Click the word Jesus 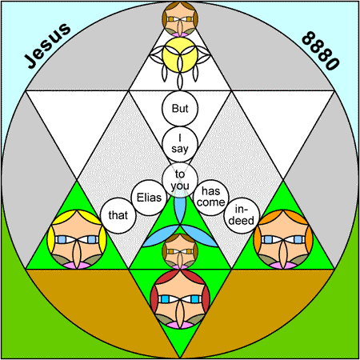47,46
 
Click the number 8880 321,50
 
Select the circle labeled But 180,109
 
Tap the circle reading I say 180,144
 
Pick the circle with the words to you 180,180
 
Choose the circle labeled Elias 149,198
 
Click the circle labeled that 118,215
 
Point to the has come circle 211,198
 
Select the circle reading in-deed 242,215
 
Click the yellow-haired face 77,239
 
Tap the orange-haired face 283,239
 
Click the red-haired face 180,299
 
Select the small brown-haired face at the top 180,19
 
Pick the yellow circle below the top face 180,55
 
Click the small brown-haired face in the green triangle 180,251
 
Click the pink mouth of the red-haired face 180,325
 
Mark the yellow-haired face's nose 77,254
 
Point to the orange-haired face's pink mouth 283,266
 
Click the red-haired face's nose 180,314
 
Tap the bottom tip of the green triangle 180,358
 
